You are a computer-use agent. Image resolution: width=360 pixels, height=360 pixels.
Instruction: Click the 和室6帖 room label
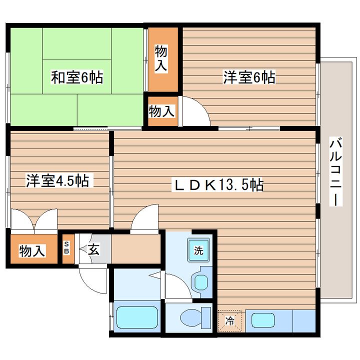click(77, 77)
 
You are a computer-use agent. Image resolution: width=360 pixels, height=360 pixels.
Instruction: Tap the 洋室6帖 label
click(249, 77)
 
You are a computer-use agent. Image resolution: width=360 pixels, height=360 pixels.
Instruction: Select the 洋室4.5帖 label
click(57, 180)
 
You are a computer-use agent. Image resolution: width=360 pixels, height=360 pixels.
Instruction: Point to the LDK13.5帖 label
click(217, 184)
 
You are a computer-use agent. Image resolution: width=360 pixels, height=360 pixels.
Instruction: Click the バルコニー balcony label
click(336, 171)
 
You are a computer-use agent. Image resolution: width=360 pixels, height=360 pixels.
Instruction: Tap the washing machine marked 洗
click(198, 250)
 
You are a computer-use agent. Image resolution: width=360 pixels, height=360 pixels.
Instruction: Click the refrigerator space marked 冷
click(229, 321)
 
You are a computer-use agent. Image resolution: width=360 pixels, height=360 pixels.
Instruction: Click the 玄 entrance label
click(94, 249)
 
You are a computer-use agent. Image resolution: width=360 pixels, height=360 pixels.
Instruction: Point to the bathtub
click(137, 317)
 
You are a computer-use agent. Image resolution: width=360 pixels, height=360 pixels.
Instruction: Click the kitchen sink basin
click(263, 320)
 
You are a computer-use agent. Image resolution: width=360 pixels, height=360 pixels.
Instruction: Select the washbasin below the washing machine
click(201, 281)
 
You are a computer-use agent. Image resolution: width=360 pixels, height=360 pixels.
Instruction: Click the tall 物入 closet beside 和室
click(163, 59)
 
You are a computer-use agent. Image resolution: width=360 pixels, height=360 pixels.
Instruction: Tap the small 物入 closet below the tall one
click(163, 111)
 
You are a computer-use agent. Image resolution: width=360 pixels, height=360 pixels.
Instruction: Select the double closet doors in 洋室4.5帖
click(34, 219)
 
